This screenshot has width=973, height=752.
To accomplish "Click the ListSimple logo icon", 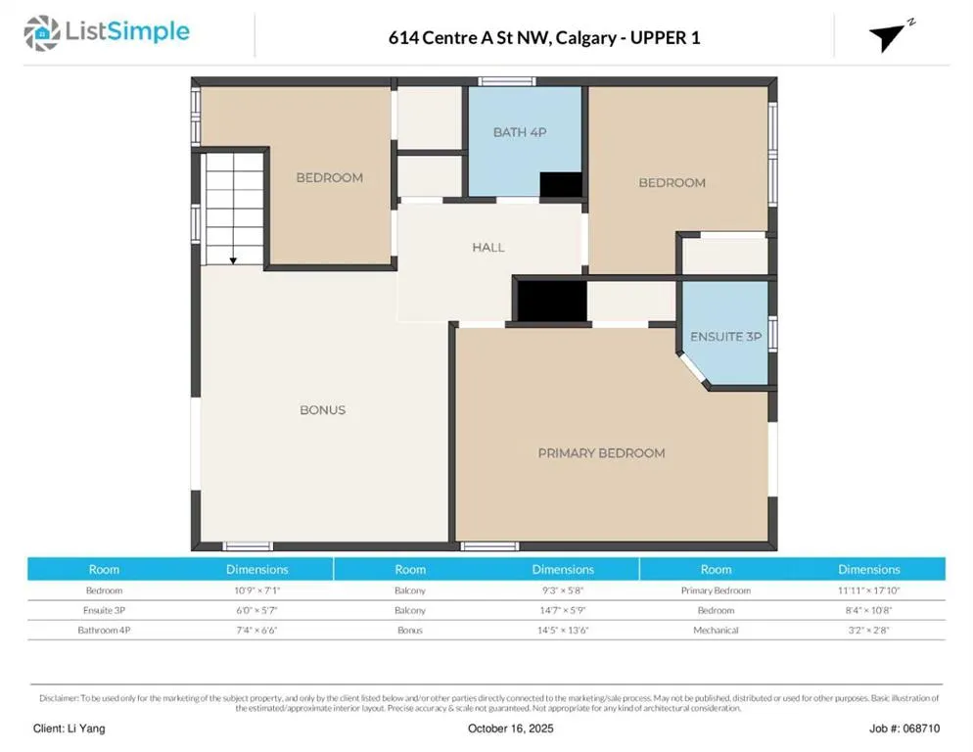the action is tap(42, 33).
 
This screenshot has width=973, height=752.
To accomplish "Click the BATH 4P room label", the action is tap(520, 132).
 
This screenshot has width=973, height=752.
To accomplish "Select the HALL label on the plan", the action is tap(488, 247).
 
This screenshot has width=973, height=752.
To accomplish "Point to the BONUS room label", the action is tap(323, 410).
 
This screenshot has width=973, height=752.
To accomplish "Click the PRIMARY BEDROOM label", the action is tap(601, 453).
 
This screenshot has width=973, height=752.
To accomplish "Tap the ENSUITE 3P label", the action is tap(726, 337).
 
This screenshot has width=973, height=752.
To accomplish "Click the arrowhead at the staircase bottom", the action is tap(233, 260).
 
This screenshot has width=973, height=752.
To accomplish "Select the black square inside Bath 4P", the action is tap(561, 185).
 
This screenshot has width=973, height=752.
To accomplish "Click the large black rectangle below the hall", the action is tap(552, 302).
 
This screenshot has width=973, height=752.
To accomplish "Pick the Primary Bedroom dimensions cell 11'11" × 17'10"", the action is tap(869, 590).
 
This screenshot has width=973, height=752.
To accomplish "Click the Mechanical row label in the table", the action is tap(717, 631).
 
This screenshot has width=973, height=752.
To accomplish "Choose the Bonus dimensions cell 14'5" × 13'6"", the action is tap(563, 631).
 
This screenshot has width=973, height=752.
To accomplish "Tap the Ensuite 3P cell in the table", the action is tap(104, 610).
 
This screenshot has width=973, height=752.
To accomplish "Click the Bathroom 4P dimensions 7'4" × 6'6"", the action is tap(256, 631).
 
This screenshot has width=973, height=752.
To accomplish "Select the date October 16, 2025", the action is tap(511, 728).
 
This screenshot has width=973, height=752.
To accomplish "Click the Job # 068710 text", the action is tap(904, 728).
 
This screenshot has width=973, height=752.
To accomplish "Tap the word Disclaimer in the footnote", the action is tap(59, 698).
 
